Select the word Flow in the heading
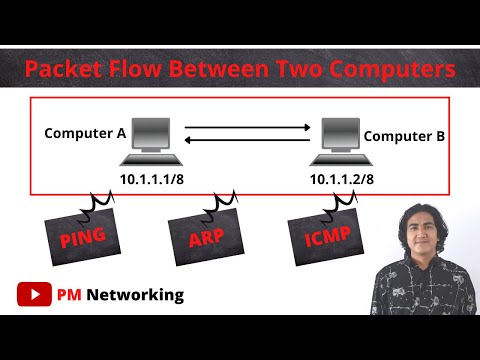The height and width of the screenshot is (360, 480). [137, 71]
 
